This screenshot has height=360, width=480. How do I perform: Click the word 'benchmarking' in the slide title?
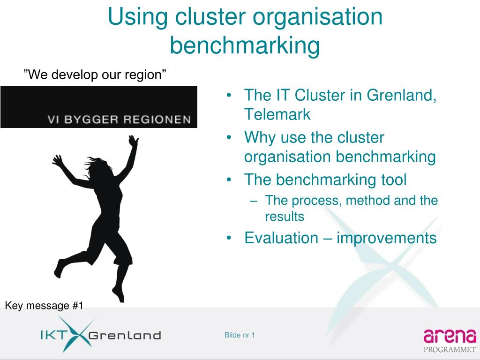click(244, 45)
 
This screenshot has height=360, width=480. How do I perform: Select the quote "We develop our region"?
click(95, 75)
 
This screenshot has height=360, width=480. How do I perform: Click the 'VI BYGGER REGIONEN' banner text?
click(119, 119)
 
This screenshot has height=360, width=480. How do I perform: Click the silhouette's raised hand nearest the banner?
click(134, 141)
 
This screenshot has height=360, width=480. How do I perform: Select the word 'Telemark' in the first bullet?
click(277, 114)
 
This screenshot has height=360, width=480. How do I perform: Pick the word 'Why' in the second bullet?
click(260, 138)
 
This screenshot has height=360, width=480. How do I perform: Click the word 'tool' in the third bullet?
click(391, 180)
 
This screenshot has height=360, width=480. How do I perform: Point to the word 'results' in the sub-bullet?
click(285, 217)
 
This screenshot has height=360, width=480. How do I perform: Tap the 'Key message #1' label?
click(44, 306)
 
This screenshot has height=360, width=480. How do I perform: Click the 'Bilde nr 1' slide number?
click(240, 335)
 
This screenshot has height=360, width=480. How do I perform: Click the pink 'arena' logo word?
click(450, 336)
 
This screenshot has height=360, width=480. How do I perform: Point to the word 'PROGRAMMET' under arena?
click(450, 349)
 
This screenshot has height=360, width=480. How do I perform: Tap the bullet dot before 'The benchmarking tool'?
click(228, 180)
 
